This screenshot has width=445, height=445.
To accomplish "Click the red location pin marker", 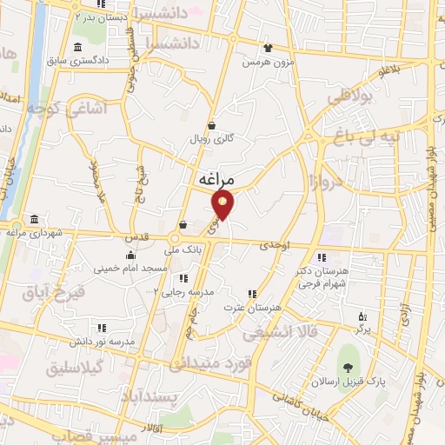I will pyautogui.click(x=223, y=205).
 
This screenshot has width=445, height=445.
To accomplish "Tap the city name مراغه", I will pyautogui.click(x=216, y=179).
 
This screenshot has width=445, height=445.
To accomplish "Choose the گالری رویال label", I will pyautogui.click(x=209, y=138).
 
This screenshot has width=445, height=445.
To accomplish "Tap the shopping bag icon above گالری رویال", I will pyautogui.click(x=211, y=124).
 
